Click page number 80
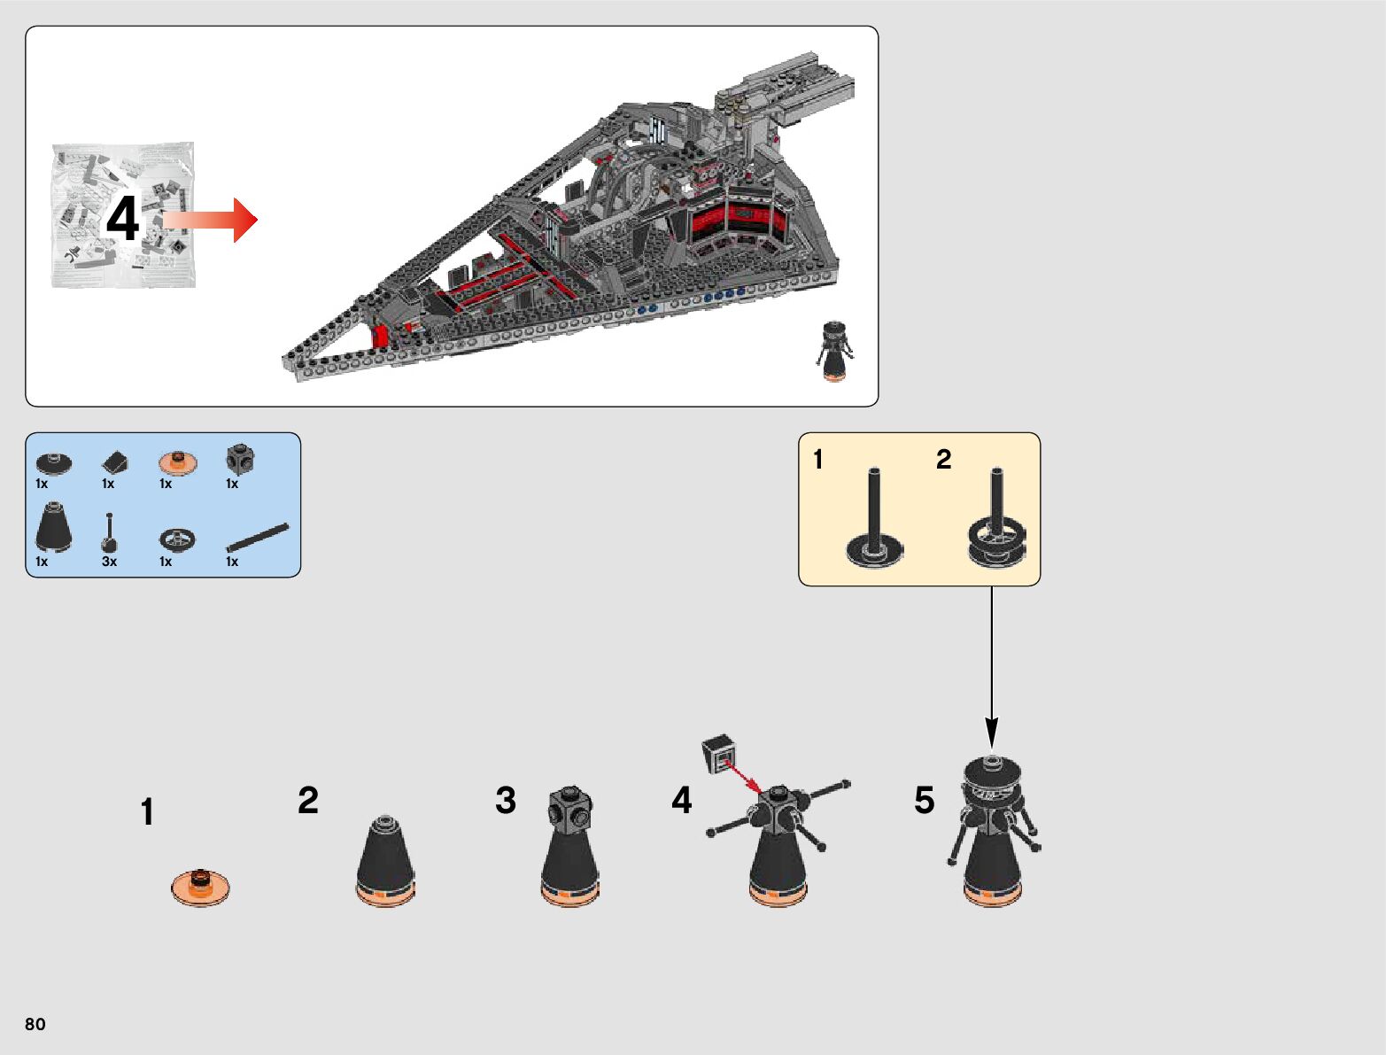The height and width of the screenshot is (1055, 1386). pos(35,1024)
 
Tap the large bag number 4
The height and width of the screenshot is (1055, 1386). pos(123,219)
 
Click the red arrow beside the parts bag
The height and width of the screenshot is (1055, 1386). pos(213,220)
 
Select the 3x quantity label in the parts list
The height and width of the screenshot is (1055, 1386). pos(109,562)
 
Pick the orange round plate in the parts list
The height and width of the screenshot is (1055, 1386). pos(178,462)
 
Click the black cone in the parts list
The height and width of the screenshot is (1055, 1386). pos(54,528)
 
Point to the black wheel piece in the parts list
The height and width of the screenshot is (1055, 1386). pos(177,539)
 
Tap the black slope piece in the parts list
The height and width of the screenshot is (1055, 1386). pos(114,462)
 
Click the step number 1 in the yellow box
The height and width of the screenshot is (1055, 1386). pos(818,460)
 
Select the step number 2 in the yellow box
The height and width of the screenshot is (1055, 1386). pos(944,459)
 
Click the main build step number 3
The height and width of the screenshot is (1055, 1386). pos(506,801)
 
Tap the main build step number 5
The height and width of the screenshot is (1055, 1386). pos(924,801)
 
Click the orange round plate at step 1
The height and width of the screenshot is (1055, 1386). pos(201,887)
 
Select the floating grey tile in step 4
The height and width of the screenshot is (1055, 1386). pos(719,753)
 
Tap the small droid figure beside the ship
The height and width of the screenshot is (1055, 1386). pos(833,351)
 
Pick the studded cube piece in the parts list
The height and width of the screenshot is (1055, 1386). pos(240,459)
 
